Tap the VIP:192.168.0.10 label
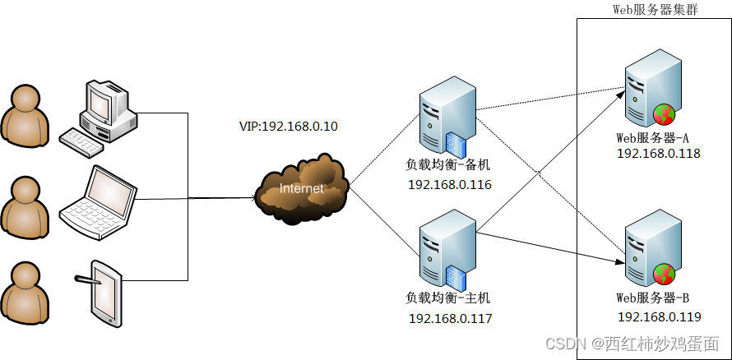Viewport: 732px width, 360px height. pyautogui.click(x=288, y=127)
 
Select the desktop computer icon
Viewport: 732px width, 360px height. pyautogui.click(x=100, y=115)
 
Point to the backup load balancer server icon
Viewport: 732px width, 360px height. pyautogui.click(x=447, y=114)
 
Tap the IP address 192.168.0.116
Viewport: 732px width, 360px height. pyautogui.click(x=450, y=185)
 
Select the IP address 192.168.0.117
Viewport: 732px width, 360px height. pyautogui.click(x=450, y=318)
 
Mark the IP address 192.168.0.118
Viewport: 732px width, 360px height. pyautogui.click(x=658, y=153)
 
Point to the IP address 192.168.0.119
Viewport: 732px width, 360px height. pyautogui.click(x=658, y=316)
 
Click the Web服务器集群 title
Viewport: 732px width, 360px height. pyautogui.click(x=656, y=9)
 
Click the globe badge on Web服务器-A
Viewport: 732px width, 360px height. pyautogui.click(x=664, y=114)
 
